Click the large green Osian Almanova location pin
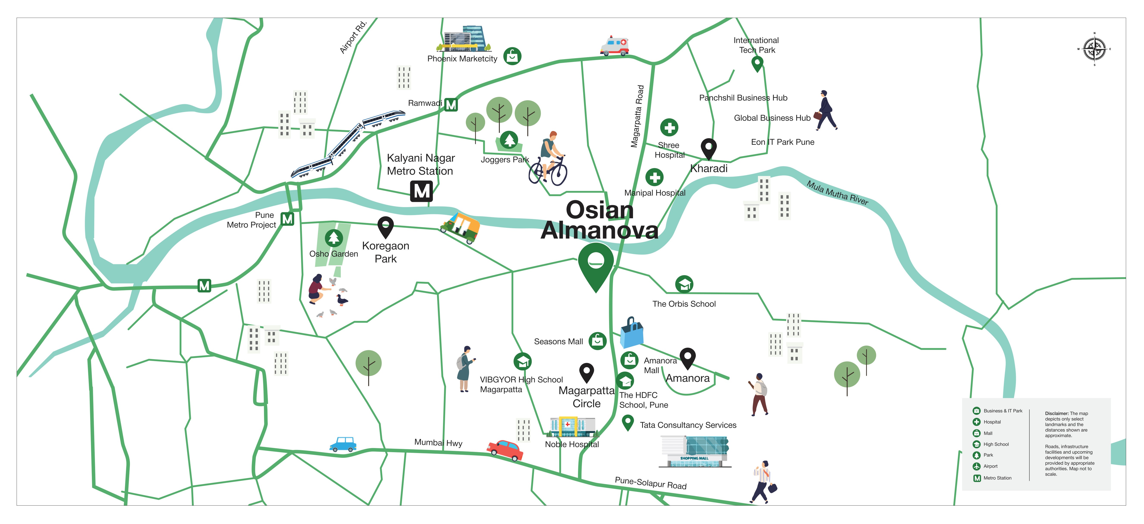pyautogui.click(x=596, y=264)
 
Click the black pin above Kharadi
pyautogui.click(x=708, y=148)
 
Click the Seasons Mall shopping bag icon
pyautogui.click(x=597, y=341)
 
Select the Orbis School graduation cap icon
pyautogui.click(x=684, y=284)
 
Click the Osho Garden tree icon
pyautogui.click(x=333, y=238)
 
